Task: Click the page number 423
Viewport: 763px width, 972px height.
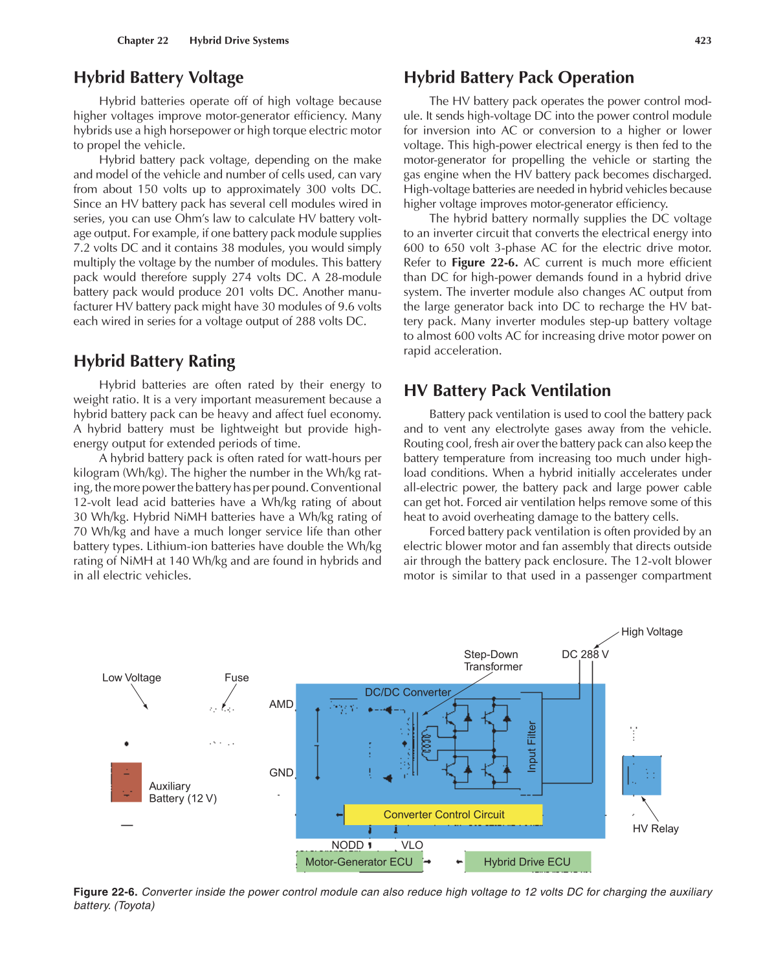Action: click(703, 40)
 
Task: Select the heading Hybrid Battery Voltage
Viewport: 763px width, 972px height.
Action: click(159, 78)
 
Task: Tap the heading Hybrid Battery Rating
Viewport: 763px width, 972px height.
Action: click(154, 361)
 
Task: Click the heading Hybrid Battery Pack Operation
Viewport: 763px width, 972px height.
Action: click(518, 78)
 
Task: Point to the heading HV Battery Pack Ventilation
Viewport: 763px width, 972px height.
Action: click(507, 391)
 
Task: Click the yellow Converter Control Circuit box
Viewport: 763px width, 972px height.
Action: click(443, 815)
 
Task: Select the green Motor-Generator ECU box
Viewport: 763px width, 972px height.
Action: click(359, 862)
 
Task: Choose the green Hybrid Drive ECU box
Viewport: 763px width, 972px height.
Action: click(527, 862)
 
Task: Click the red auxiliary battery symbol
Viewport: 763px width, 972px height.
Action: click(126, 782)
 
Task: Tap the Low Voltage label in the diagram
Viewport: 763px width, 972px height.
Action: click(131, 678)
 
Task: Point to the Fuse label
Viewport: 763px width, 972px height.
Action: click(236, 678)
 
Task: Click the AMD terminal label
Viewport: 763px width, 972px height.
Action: click(281, 704)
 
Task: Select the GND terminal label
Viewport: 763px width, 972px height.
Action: click(281, 773)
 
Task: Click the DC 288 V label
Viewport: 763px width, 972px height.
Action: click(585, 654)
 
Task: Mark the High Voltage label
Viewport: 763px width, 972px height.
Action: click(652, 632)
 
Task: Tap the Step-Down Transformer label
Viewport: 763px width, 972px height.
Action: click(492, 661)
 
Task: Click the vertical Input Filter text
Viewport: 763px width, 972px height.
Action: click(532, 747)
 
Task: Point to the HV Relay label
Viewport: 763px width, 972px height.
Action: click(655, 829)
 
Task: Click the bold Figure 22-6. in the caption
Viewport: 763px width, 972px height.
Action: click(105, 892)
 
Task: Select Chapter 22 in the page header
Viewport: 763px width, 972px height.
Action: click(142, 40)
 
